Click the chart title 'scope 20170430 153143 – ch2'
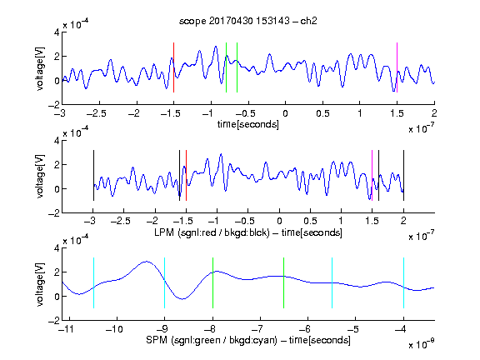(248, 21)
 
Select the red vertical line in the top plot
(173, 67)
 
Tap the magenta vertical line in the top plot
(397, 67)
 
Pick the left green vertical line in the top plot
(226, 67)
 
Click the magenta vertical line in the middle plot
(372, 175)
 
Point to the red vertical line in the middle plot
(186, 175)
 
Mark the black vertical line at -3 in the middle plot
(93, 175)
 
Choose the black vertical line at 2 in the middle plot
(404, 175)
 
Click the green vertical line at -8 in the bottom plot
(212, 282)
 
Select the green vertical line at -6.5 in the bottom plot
(284, 282)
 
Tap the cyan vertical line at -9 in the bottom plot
(165, 282)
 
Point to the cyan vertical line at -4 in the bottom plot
(404, 282)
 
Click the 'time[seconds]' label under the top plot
(248, 124)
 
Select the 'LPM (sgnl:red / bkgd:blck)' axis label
(212, 232)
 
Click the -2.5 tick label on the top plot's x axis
(97, 113)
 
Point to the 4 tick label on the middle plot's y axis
(57, 141)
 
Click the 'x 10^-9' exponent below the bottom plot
(421, 344)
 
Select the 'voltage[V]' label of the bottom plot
(40, 284)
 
